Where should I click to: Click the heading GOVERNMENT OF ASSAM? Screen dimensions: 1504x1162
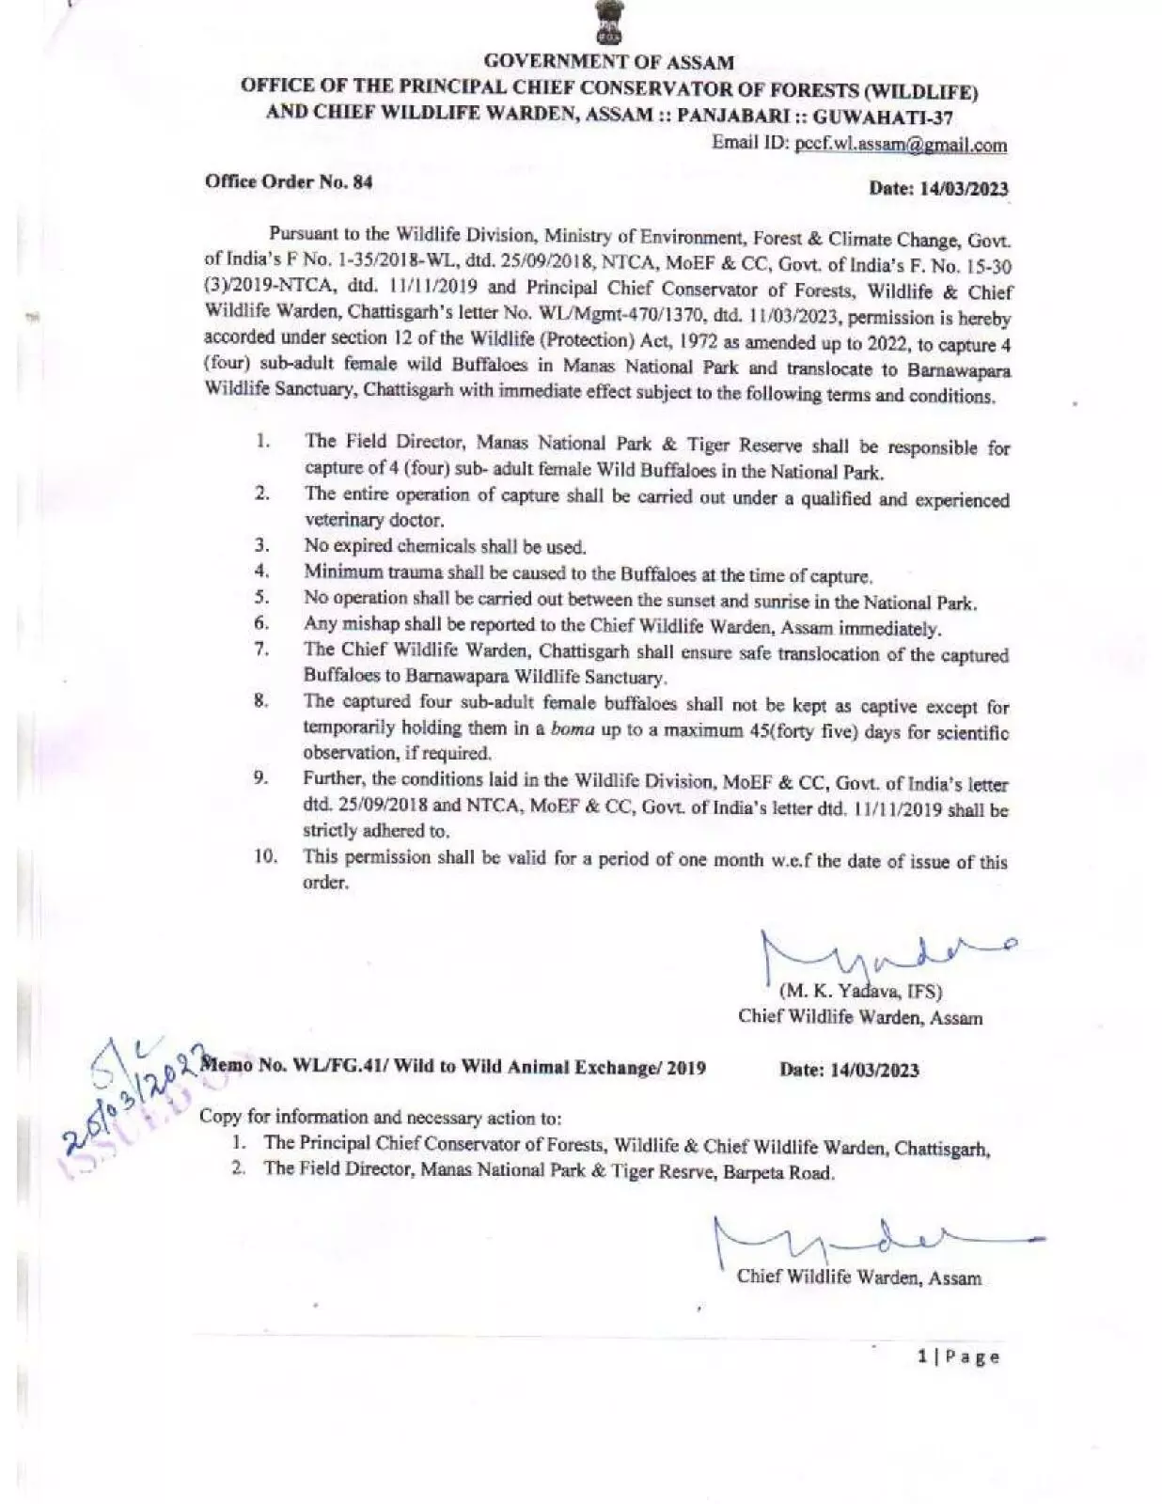[x=609, y=62]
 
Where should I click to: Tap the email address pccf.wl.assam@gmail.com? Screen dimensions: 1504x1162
[x=901, y=145]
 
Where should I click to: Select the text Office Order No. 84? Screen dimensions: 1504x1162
[x=289, y=182]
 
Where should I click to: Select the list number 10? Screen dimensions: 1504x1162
[x=265, y=856]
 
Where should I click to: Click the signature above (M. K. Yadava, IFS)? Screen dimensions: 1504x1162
[x=884, y=954]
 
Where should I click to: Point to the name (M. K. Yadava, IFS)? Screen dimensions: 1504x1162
[x=860, y=990]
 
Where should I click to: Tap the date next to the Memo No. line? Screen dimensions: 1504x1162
[x=850, y=1070]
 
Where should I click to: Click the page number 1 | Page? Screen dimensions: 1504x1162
[x=958, y=1356]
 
